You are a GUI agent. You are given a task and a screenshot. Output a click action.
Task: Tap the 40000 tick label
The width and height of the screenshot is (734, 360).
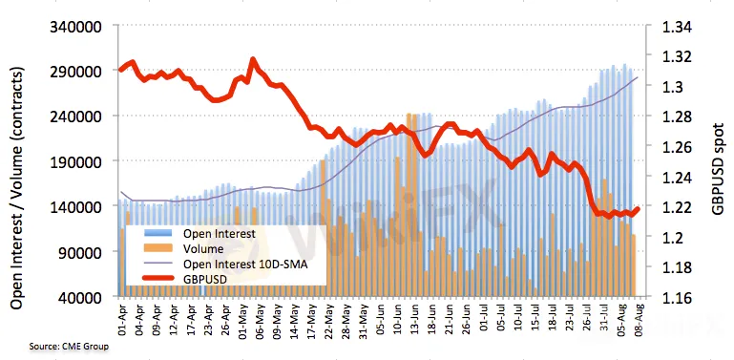[x=80, y=298]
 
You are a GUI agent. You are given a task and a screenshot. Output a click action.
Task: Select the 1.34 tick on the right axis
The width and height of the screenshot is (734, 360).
[x=674, y=27]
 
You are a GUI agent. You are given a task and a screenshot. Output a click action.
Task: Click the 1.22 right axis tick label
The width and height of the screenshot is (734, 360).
[x=674, y=207]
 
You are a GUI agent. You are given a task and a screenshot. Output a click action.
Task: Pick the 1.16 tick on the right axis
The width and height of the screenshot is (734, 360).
[x=674, y=298]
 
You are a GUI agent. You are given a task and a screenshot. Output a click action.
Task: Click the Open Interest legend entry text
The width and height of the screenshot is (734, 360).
[x=220, y=233]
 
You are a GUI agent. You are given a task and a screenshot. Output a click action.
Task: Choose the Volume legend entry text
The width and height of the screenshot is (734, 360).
[x=203, y=248]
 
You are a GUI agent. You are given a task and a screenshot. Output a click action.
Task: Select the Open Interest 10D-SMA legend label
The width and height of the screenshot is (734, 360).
[x=245, y=264]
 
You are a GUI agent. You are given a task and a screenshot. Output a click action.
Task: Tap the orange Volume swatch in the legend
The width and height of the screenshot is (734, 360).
[x=157, y=248]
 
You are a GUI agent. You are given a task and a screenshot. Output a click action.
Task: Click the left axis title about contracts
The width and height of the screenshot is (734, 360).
[x=17, y=188]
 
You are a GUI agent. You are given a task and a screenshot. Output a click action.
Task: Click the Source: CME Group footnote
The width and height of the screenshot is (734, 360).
[x=69, y=347]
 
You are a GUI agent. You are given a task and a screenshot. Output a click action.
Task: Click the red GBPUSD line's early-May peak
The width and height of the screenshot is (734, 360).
[x=253, y=60]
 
